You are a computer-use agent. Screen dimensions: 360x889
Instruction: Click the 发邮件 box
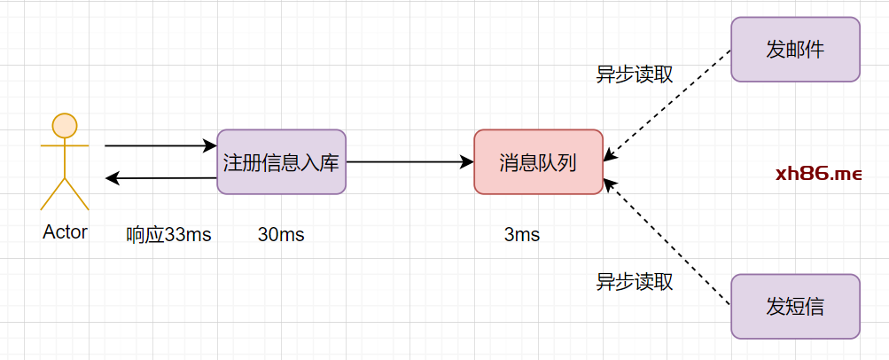(795, 50)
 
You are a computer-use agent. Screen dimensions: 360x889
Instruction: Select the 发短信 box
(795, 307)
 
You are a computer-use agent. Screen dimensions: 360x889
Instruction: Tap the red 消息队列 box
(538, 162)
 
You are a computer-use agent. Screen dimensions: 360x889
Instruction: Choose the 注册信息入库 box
(281, 162)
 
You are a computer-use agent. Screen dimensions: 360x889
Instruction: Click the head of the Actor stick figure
(65, 125)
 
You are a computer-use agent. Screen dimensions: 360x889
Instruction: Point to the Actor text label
(65, 232)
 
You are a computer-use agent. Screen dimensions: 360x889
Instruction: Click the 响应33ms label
(168, 235)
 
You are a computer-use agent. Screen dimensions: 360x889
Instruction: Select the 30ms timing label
(281, 235)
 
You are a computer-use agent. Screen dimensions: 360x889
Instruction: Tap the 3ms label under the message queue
(522, 235)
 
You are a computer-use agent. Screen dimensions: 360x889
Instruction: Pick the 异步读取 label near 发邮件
(634, 74)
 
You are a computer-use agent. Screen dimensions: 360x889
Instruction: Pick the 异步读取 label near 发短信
(634, 283)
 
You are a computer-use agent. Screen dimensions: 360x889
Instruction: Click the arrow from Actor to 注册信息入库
(160, 145)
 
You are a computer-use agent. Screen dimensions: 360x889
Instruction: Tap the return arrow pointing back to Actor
(160, 178)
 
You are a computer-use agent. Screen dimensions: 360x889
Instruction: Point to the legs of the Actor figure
(65, 192)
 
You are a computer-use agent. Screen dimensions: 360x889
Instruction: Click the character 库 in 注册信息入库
(329, 163)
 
